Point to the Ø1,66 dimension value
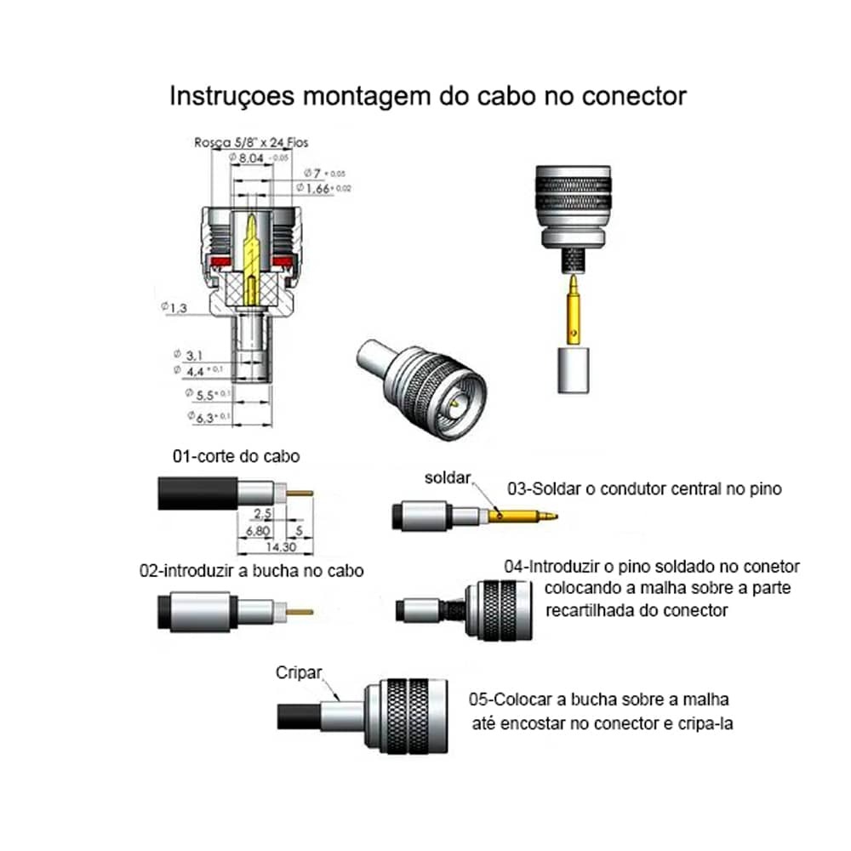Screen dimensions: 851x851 [318, 187]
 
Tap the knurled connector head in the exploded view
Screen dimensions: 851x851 [573, 201]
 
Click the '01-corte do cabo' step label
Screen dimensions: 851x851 [236, 456]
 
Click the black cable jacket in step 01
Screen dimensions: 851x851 [196, 494]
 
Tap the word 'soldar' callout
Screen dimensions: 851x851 [448, 478]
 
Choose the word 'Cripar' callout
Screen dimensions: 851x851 [299, 672]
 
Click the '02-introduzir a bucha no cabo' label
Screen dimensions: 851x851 [251, 570]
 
